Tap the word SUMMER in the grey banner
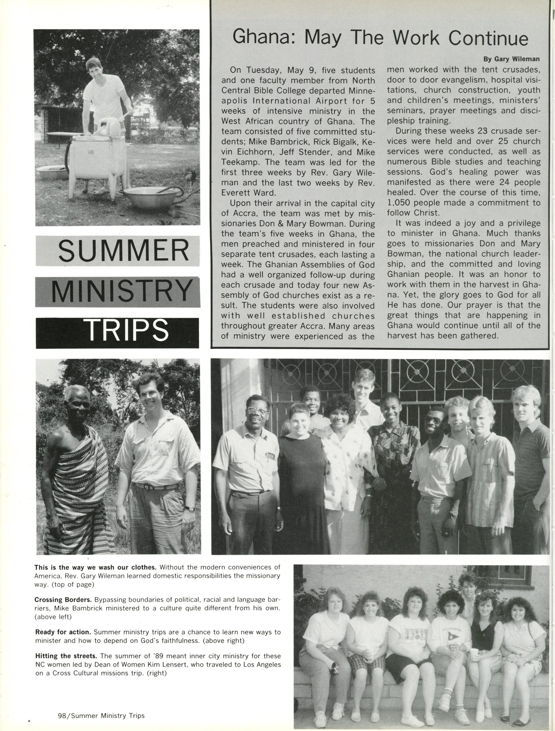click(x=123, y=252)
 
